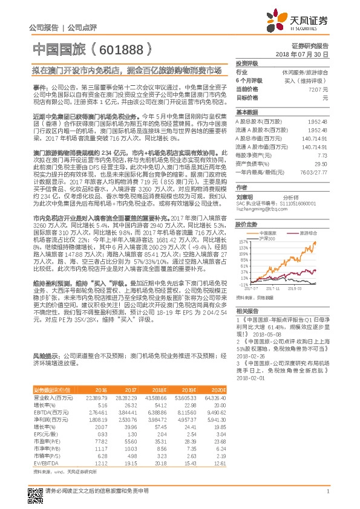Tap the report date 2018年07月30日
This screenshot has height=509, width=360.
[x=306, y=54]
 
